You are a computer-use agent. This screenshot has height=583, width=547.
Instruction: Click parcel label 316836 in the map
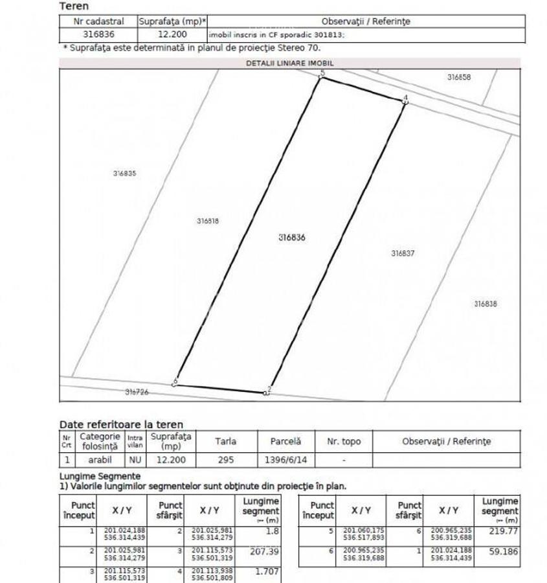292,238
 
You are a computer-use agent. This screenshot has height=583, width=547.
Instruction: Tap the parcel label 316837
403,254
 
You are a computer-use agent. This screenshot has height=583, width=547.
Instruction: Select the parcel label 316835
124,174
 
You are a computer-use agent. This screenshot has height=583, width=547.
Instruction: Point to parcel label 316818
208,221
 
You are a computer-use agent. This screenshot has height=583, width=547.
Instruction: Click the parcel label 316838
486,304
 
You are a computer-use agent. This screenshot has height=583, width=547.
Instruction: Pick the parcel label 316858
459,77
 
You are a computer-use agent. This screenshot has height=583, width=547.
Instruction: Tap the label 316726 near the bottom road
137,392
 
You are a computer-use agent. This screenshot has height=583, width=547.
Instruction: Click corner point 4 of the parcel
404,100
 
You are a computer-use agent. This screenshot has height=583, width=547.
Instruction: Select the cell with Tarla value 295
225,460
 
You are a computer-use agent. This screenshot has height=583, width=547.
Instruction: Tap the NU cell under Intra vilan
135,460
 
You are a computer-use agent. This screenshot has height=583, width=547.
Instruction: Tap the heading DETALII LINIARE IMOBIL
289,63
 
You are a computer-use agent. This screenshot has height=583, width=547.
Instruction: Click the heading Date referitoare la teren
121,425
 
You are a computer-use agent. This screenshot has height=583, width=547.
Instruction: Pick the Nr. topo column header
344,442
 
